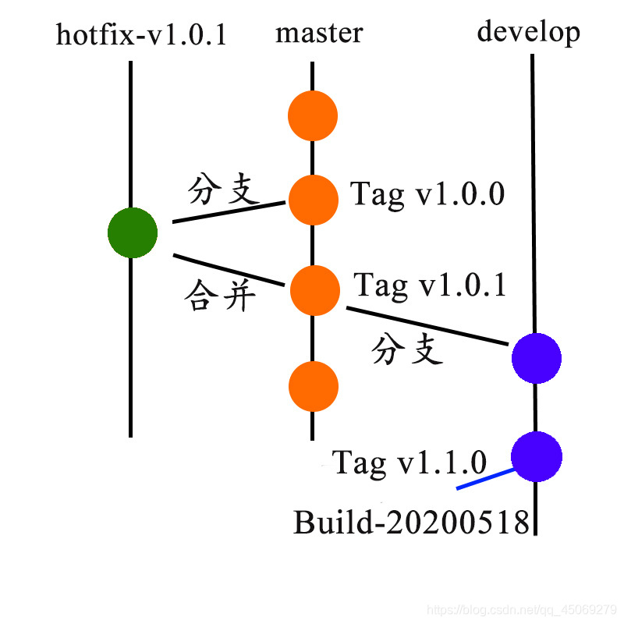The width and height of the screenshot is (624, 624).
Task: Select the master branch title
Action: pyautogui.click(x=319, y=34)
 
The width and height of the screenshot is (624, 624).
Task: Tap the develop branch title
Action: pyautogui.click(x=528, y=33)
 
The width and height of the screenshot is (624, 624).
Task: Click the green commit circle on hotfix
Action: pyautogui.click(x=133, y=232)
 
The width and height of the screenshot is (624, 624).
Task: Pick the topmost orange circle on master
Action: pyautogui.click(x=313, y=116)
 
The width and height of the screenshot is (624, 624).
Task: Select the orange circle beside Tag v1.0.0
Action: pyautogui.click(x=313, y=200)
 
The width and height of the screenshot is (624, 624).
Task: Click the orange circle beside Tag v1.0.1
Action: pyautogui.click(x=315, y=290)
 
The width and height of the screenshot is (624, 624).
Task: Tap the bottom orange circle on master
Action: pyautogui.click(x=313, y=385)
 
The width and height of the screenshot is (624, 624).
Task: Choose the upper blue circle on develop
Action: pyautogui.click(x=537, y=359)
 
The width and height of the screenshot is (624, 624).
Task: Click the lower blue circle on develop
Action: pyautogui.click(x=537, y=457)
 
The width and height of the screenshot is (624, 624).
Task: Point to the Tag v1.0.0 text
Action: pyautogui.click(x=427, y=194)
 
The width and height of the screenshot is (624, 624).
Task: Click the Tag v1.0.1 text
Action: pyautogui.click(x=431, y=285)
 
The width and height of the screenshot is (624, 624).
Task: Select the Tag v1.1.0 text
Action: pyautogui.click(x=409, y=463)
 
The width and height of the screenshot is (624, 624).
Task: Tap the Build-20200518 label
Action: pyautogui.click(x=411, y=521)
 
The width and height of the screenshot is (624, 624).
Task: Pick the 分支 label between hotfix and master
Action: pyautogui.click(x=224, y=190)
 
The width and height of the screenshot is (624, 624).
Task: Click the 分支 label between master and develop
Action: pyautogui.click(x=407, y=350)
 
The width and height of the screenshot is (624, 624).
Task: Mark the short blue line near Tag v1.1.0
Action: pyautogui.click(x=485, y=479)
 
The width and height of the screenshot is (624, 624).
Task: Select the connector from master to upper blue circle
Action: pyautogui.click(x=425, y=325)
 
